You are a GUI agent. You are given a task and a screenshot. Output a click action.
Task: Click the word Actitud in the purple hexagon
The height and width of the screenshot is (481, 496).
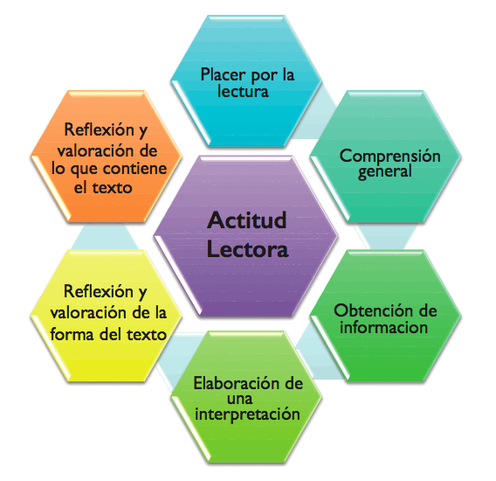[x=247, y=220]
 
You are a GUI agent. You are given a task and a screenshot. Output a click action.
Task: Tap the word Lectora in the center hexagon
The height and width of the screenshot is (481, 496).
[x=247, y=250]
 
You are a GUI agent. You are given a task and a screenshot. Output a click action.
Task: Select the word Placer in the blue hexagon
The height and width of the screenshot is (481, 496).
[x=224, y=75]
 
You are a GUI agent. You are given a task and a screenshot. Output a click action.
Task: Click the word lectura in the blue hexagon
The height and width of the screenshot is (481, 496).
[x=243, y=91]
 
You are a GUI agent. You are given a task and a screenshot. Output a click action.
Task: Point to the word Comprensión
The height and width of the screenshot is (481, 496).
[x=390, y=157]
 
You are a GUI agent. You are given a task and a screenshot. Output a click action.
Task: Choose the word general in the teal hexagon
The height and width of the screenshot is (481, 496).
[x=385, y=171]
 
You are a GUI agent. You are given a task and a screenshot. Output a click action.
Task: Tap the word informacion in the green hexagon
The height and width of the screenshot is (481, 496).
[x=383, y=327]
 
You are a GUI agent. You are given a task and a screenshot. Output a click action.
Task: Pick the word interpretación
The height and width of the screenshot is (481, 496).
[x=247, y=415]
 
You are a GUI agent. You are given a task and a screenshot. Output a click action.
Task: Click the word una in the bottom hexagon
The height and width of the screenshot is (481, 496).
[x=240, y=399]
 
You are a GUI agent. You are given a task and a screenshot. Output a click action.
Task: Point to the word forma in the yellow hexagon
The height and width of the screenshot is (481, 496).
[x=72, y=335]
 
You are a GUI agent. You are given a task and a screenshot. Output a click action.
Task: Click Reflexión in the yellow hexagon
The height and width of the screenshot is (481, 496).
[x=99, y=291]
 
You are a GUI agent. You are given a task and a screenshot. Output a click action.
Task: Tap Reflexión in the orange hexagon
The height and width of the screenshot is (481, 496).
[x=100, y=129]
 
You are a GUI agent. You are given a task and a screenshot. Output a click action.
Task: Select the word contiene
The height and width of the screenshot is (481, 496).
[x=135, y=169]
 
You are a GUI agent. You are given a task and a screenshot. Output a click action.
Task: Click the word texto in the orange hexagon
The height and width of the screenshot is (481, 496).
[x=112, y=188]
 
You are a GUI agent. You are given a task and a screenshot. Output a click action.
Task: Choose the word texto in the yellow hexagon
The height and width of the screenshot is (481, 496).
[x=147, y=335]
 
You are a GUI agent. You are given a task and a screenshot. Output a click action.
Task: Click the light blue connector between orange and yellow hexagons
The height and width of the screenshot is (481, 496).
[x=105, y=236]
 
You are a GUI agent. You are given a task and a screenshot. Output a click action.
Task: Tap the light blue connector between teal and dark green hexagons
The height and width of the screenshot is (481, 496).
[x=385, y=236]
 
